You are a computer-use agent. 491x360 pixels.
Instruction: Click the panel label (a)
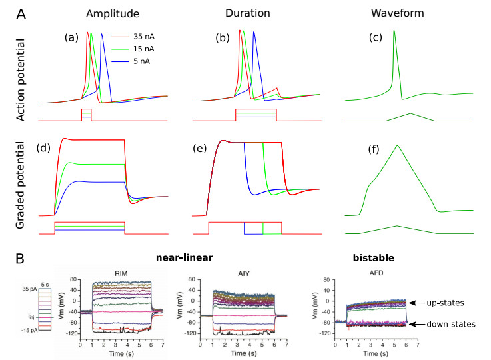click(x=71, y=37)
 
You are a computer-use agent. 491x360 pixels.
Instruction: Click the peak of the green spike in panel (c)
click(x=394, y=30)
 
